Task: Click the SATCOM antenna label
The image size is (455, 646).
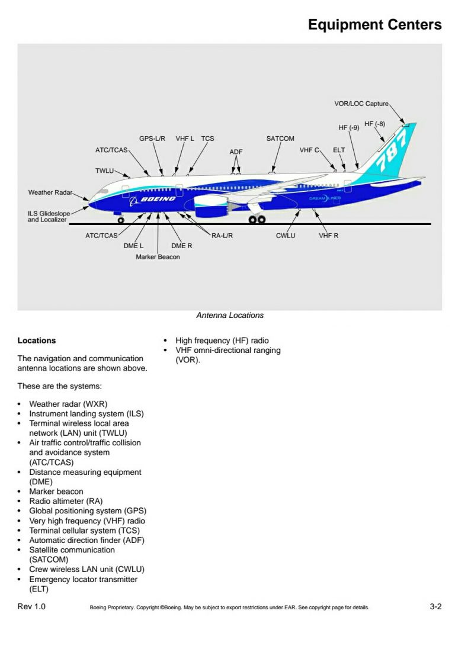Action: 280,139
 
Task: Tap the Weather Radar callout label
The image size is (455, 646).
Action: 50,192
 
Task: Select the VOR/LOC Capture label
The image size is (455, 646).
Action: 361,104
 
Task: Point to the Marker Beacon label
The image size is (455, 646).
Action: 158,257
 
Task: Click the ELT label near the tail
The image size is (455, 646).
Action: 339,150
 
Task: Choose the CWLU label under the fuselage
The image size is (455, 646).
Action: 286,236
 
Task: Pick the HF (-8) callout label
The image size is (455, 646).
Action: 374,124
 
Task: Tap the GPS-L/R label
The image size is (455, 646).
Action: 152,139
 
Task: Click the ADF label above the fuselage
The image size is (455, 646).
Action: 236,152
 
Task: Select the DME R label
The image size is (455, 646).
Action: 182,246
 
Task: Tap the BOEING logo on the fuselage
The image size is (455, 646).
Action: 158,199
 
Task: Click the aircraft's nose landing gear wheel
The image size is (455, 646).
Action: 121,220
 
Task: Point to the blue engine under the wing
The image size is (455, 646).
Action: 211,207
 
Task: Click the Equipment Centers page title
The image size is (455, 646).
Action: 374,25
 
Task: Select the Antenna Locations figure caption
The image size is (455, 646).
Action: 230,316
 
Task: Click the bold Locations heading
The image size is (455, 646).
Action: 37,340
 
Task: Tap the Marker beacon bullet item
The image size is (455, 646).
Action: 56,491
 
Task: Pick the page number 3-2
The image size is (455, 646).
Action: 435,606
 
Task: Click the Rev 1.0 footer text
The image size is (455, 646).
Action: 31,606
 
